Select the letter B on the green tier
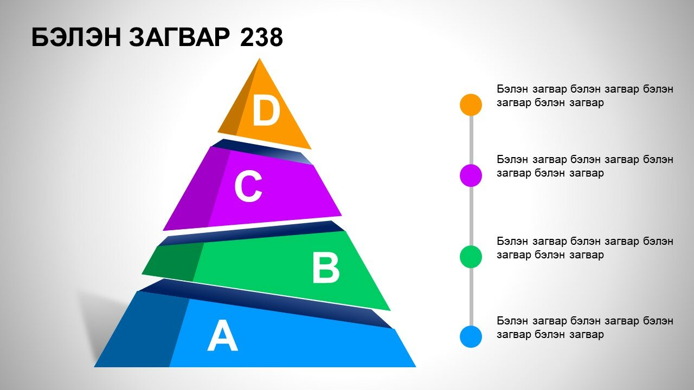click(326, 268)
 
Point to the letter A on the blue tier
click(222, 335)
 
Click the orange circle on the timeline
click(471, 105)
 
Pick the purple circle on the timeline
click(471, 175)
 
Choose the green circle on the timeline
click(471, 257)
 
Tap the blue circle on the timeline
click(471, 336)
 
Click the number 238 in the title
click(261, 37)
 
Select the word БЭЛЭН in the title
click(76, 37)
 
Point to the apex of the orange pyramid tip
click(259, 58)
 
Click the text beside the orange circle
click(585, 96)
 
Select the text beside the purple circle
click(585, 166)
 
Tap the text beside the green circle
click(585, 248)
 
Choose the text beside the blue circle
click(585, 328)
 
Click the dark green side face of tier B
click(173, 262)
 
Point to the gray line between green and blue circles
click(471, 296)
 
